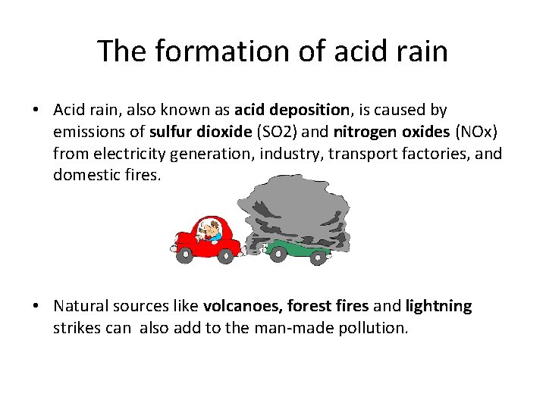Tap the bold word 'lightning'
coord(438,306)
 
